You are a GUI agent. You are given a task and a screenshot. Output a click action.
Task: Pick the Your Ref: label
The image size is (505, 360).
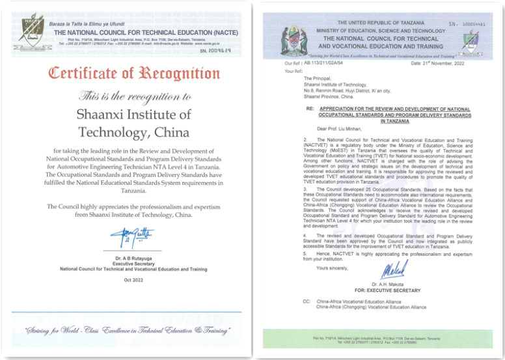(x=294, y=70)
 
